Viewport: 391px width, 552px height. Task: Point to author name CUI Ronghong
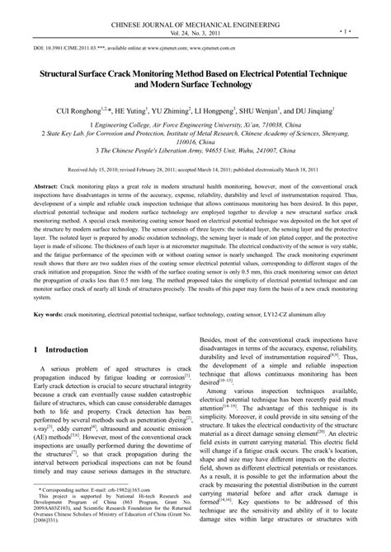click(x=79, y=110)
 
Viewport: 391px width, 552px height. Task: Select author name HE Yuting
click(x=141, y=110)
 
